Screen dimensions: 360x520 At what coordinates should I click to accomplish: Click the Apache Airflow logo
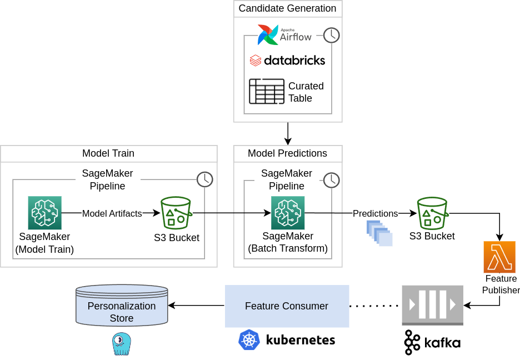[287, 35]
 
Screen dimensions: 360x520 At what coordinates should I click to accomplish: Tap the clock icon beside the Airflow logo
[332, 35]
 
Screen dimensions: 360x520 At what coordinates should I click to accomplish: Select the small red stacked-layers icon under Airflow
[255, 60]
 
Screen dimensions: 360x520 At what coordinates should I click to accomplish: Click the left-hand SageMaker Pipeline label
[108, 179]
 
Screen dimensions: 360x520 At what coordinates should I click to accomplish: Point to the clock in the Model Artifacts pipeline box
[205, 179]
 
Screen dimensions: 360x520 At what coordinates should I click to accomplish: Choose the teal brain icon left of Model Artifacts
[45, 213]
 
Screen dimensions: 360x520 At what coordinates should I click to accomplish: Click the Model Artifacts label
[112, 213]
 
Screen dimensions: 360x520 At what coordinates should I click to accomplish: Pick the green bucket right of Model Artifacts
[176, 213]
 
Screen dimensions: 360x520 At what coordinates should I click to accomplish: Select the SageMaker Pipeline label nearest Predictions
[287, 179]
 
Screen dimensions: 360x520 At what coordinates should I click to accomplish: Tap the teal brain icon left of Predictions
[288, 213]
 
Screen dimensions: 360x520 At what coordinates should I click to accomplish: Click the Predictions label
[376, 213]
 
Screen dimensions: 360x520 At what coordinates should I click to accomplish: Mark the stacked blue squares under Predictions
[380, 233]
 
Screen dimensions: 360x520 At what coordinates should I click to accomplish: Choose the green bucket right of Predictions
[432, 213]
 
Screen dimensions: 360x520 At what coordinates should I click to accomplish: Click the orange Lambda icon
[499, 257]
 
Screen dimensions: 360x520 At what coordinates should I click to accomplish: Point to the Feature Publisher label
[501, 284]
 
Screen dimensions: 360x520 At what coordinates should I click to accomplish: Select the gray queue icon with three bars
[432, 304]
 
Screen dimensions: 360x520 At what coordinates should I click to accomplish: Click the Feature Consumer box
[287, 306]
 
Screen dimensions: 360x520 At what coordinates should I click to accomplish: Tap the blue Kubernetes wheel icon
[249, 339]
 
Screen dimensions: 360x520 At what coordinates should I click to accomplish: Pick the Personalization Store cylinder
[122, 305]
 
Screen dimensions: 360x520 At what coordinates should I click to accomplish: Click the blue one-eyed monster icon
[121, 343]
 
